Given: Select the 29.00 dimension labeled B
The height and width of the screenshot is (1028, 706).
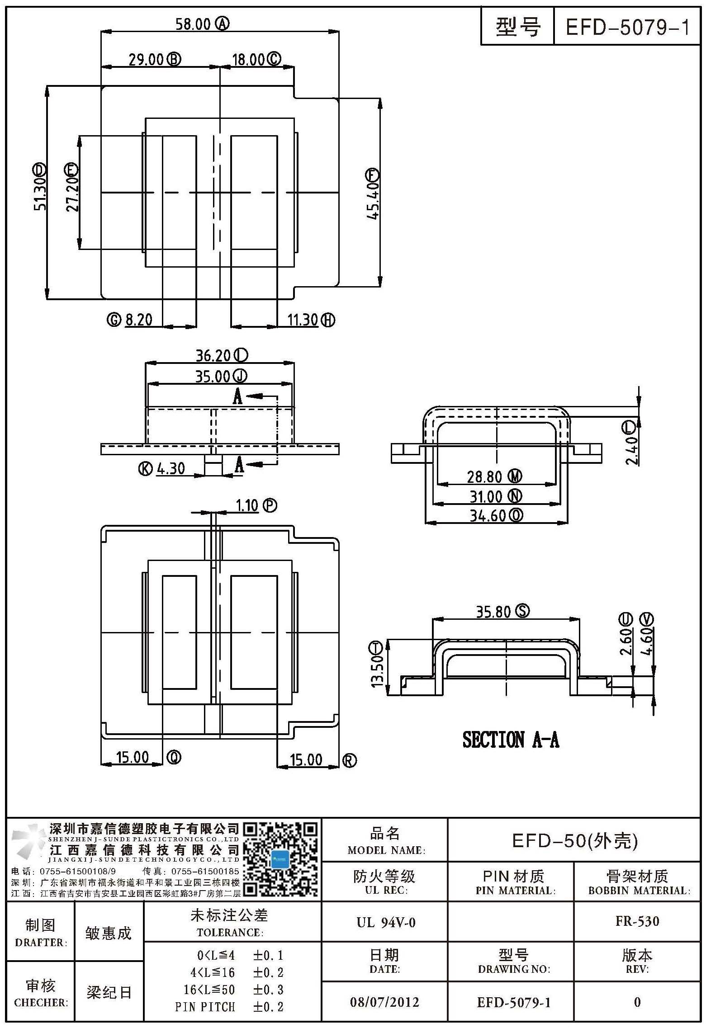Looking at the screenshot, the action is (x=146, y=59).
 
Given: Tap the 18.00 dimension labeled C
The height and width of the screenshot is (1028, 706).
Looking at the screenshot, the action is (x=248, y=59).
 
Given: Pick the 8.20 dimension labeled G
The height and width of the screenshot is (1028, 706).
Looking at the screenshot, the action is (x=138, y=320).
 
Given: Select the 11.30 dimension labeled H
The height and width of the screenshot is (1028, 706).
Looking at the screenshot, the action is (x=303, y=320).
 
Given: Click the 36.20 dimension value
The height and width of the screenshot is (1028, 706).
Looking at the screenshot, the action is (x=213, y=356).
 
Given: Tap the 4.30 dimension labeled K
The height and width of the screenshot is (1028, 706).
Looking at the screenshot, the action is (x=171, y=469).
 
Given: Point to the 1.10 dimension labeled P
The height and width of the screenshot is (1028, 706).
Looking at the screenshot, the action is (x=247, y=505).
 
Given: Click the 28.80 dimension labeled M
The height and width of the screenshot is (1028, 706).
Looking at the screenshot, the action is (x=485, y=477).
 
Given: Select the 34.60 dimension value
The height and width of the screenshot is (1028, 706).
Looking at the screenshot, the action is (x=487, y=516).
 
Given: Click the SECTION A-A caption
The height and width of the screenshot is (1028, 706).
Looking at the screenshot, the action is (x=511, y=740).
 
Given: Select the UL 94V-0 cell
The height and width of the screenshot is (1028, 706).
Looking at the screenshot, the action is (x=386, y=922).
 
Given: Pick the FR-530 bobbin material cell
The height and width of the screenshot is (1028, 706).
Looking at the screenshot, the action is (x=637, y=921).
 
